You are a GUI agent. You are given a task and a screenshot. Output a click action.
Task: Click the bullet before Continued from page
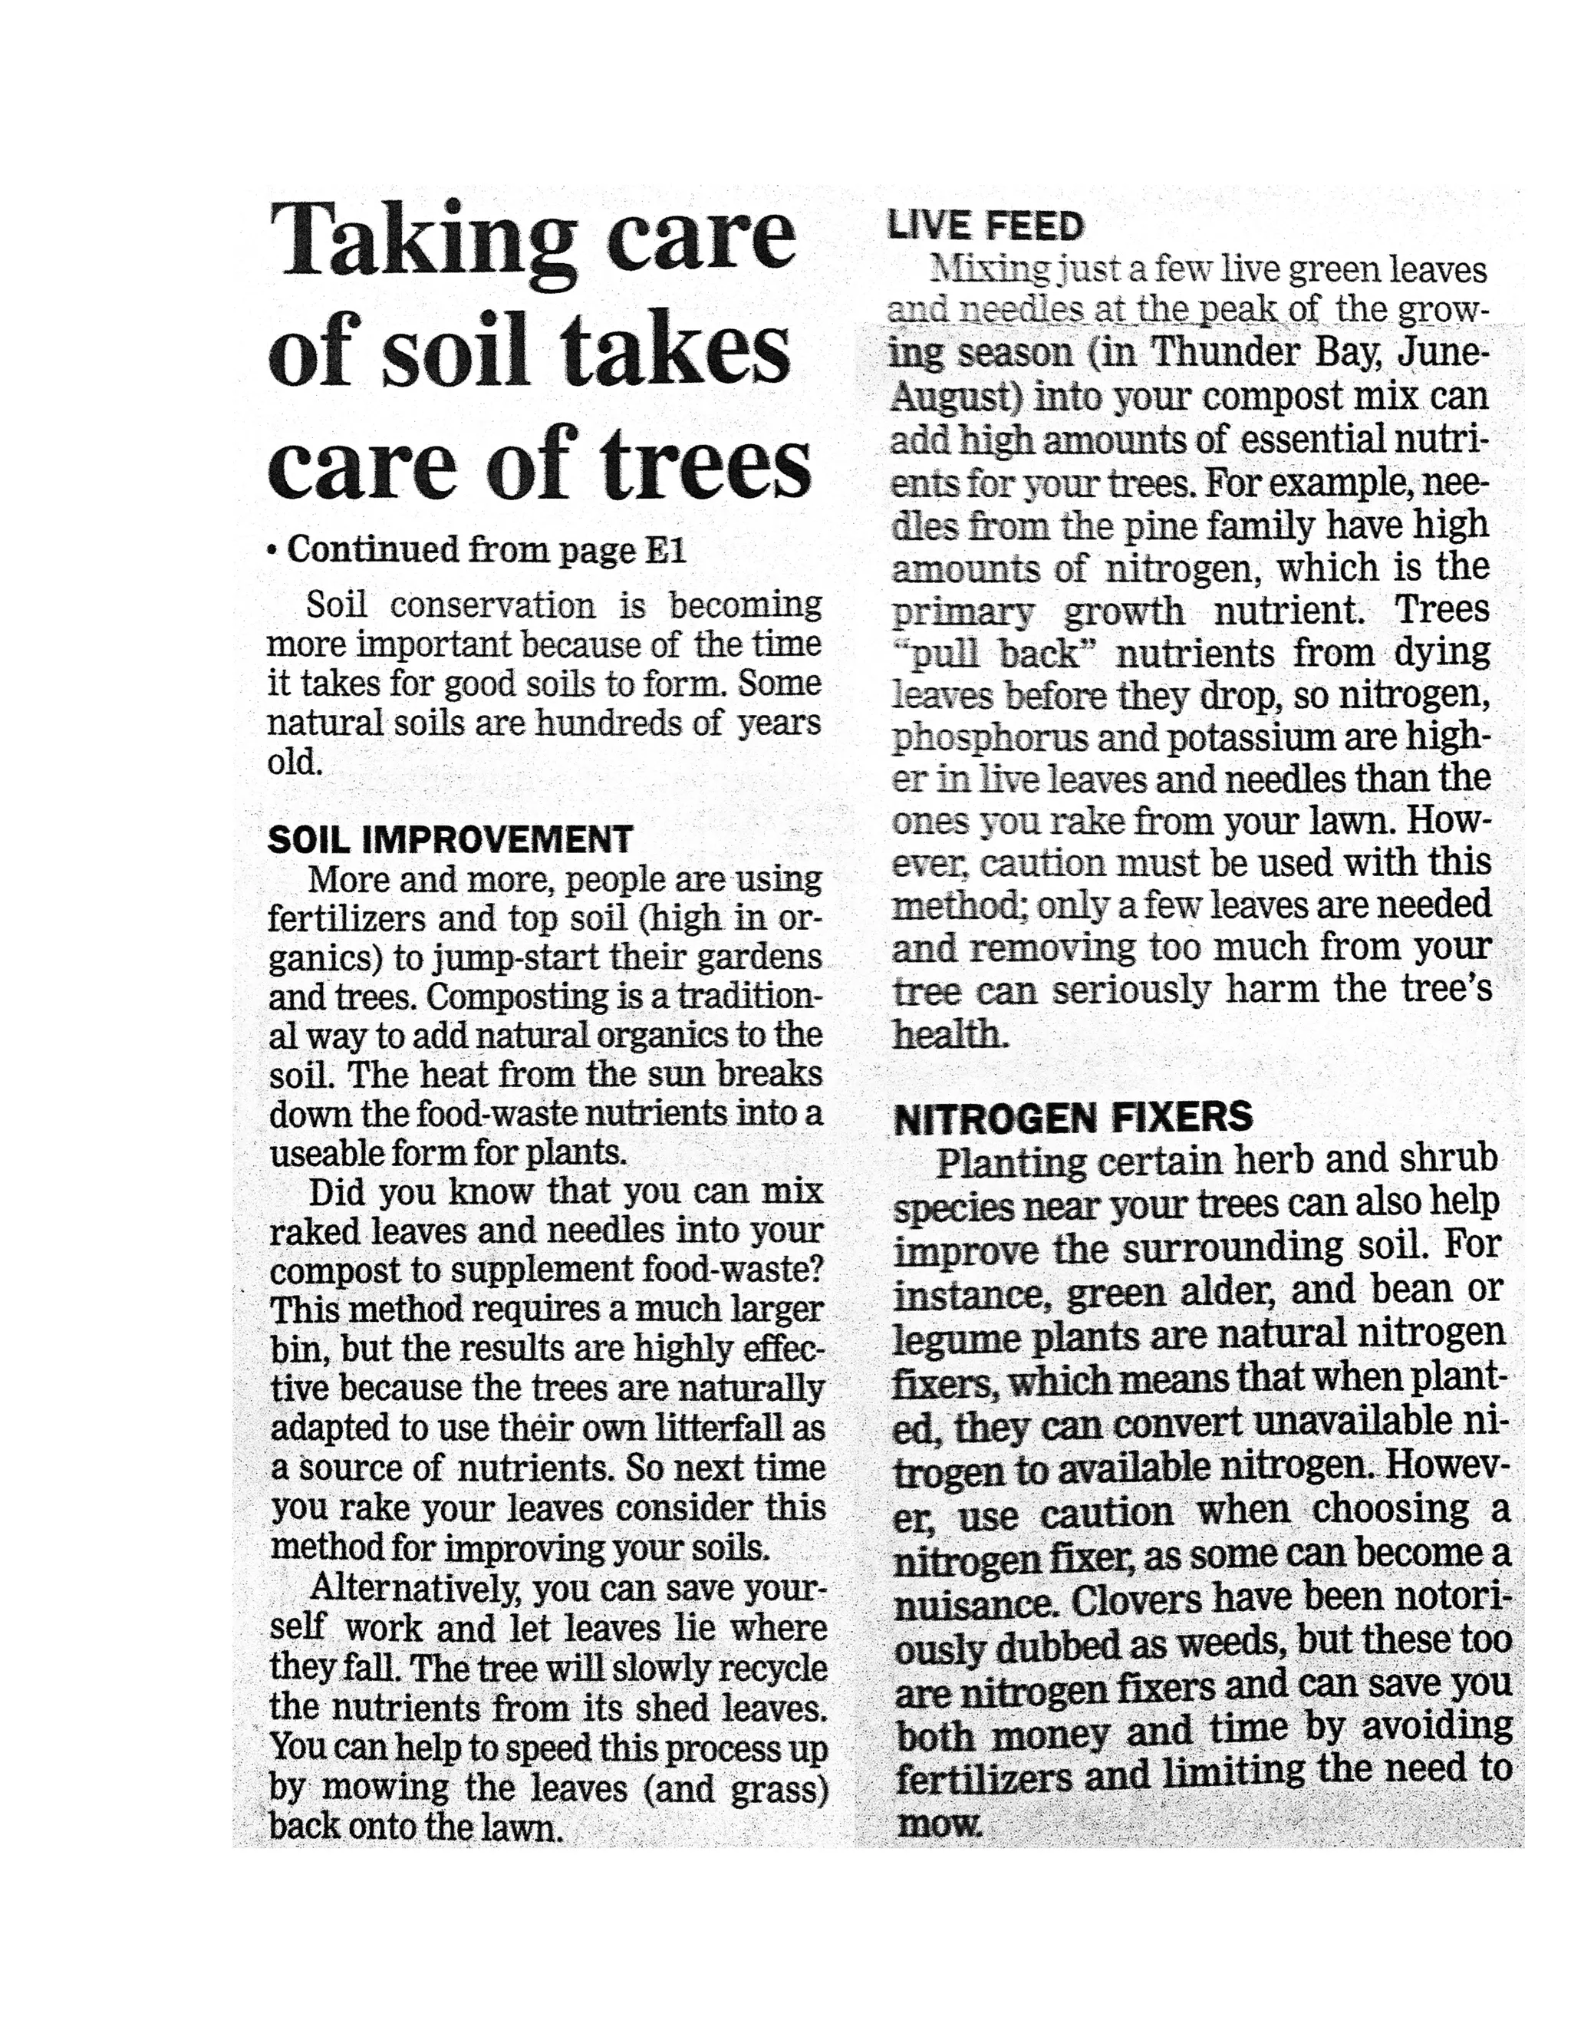[x=272, y=551]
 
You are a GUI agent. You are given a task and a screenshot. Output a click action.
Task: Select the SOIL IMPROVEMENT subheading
[x=450, y=839]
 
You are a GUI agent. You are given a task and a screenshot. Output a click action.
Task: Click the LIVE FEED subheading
[x=986, y=226]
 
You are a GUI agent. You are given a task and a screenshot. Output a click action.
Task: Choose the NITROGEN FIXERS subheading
[x=1073, y=1117]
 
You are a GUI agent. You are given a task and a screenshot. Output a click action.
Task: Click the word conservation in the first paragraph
[x=492, y=605]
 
